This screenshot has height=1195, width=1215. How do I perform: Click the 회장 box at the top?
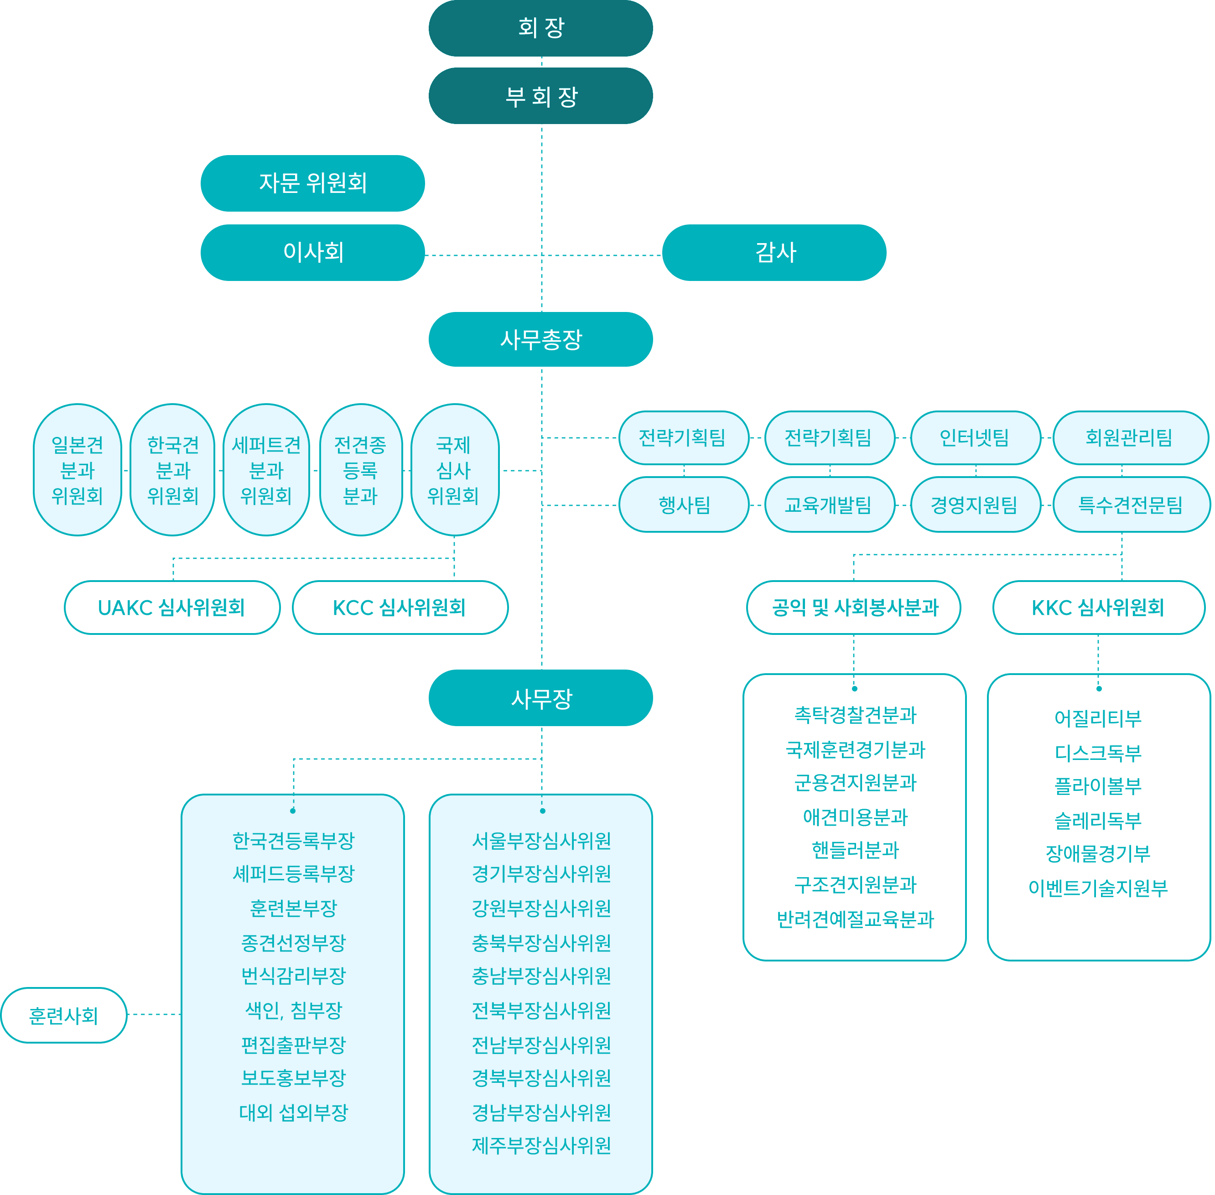(540, 28)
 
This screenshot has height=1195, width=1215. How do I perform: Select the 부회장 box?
(540, 96)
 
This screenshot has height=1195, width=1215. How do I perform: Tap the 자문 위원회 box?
(312, 183)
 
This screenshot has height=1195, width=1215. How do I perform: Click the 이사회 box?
(312, 252)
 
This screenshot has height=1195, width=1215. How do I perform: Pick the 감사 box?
(774, 252)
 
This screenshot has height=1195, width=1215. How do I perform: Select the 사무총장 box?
(540, 339)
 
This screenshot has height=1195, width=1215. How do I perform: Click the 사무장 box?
(540, 698)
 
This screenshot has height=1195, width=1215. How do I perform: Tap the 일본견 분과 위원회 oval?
(77, 470)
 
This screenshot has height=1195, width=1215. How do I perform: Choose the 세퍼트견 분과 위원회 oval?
(266, 470)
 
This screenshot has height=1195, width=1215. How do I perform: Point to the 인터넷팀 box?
(975, 437)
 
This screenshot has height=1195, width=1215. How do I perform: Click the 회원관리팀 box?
(1130, 437)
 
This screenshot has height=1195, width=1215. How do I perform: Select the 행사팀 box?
(684, 504)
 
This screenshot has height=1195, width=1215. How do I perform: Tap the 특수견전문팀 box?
(1131, 504)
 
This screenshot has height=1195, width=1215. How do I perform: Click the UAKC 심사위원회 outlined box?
(172, 608)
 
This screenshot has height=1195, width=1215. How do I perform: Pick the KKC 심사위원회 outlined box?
(1098, 608)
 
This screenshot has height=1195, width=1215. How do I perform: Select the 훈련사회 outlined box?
(63, 1015)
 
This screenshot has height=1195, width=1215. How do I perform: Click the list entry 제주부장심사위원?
(541, 1145)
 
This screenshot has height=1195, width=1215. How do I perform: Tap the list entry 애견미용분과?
(855, 816)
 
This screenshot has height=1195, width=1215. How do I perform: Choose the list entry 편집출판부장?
(293, 1044)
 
